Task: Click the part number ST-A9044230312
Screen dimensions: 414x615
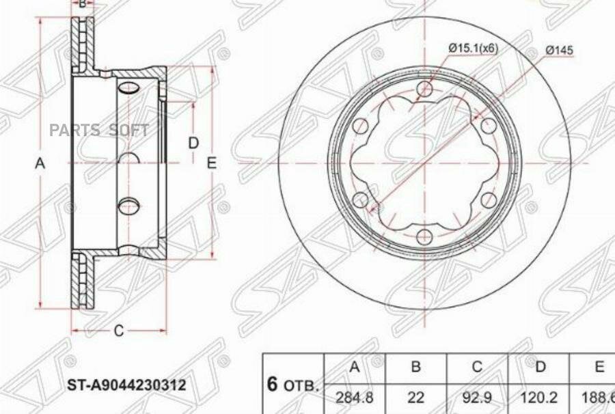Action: click(x=126, y=385)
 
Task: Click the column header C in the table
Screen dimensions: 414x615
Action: click(x=477, y=368)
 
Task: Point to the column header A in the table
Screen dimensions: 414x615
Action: click(x=354, y=368)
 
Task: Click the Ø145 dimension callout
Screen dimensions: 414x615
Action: click(x=560, y=49)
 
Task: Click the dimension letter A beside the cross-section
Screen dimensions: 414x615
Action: click(x=40, y=163)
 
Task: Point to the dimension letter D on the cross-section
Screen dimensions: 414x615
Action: click(x=193, y=143)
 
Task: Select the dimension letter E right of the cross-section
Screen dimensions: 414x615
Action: click(x=212, y=163)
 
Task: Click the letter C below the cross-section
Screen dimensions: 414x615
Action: click(x=118, y=331)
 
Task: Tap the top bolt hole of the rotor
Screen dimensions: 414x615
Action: click(x=425, y=89)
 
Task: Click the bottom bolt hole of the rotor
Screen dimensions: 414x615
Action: click(x=425, y=237)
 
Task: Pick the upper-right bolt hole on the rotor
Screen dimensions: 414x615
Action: click(x=488, y=126)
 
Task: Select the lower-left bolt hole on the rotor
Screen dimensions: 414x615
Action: click(x=361, y=199)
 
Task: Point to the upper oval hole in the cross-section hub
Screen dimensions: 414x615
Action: click(x=128, y=87)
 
